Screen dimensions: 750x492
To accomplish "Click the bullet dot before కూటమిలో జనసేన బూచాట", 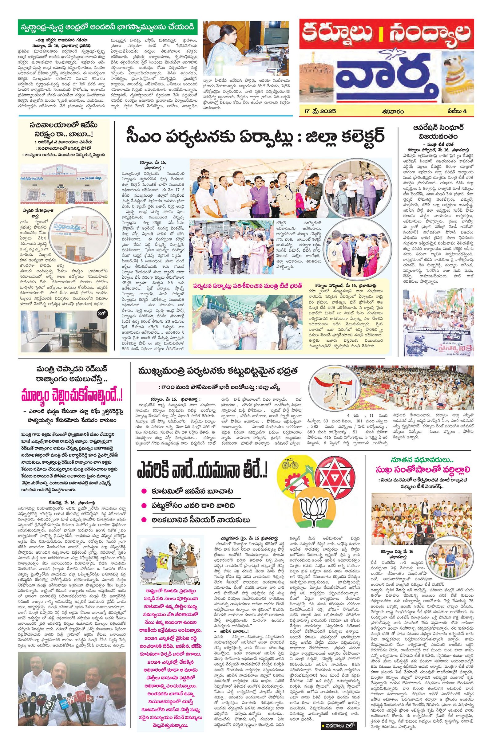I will [x=144, y=491].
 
